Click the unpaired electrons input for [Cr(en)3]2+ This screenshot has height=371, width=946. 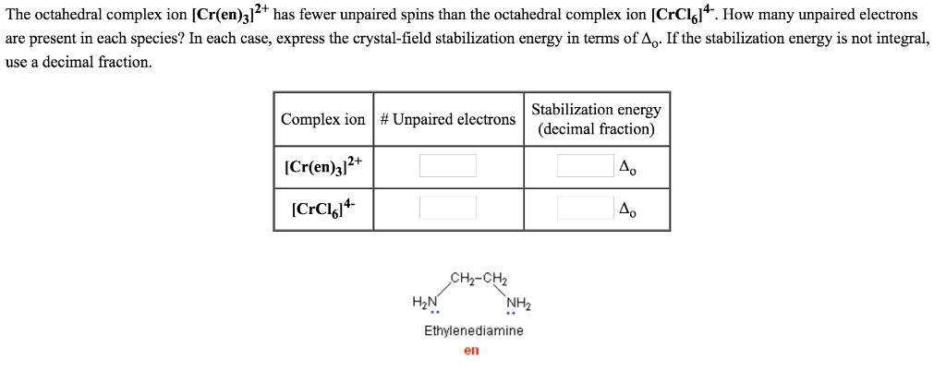(448, 166)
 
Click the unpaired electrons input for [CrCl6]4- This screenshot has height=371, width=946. (448, 207)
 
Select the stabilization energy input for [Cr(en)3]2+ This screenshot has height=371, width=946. (586, 166)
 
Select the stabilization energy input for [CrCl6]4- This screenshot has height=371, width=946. (586, 207)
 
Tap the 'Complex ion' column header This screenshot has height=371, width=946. (323, 120)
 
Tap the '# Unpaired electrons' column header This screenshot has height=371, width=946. (448, 120)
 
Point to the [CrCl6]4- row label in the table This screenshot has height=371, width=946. (318, 207)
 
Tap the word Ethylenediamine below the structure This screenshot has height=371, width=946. (473, 330)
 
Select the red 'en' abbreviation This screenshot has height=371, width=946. (471, 351)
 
